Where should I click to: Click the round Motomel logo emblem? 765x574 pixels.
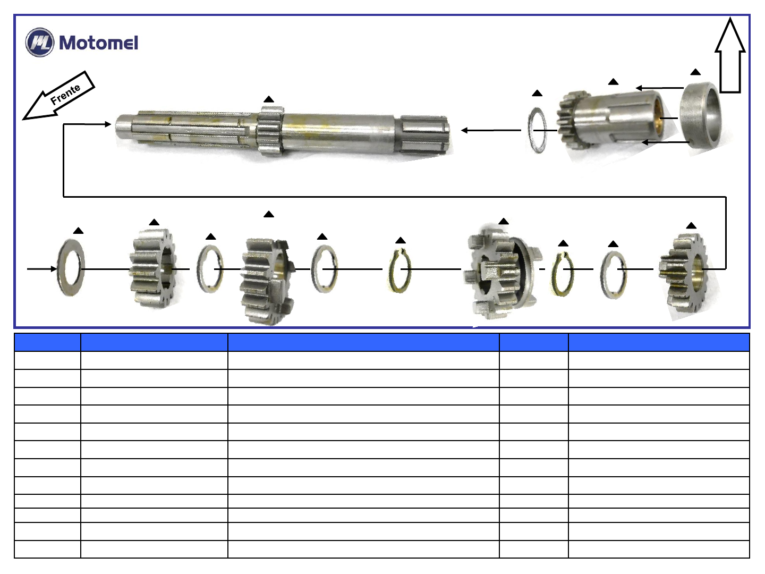point(40,42)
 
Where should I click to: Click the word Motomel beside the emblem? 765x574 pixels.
point(99,43)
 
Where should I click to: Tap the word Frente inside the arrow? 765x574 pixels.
point(65,94)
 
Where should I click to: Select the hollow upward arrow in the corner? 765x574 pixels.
point(730,55)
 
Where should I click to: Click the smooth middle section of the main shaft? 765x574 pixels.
point(340,133)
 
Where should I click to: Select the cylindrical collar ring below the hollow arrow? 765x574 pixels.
point(700,115)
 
